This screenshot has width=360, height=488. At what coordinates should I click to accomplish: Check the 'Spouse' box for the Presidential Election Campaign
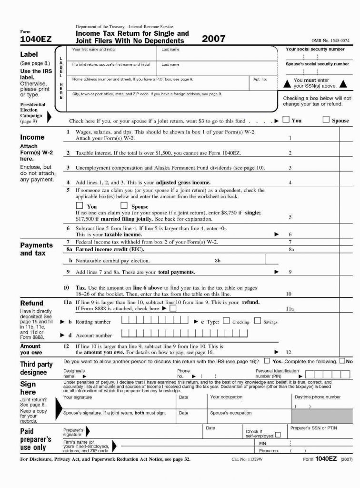[x=326, y=120]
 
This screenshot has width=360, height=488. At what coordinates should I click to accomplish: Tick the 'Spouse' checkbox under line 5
[x=124, y=206]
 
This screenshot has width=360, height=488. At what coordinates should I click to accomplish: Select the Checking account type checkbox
[x=226, y=321]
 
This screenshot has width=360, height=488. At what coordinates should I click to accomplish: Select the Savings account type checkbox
[x=257, y=321]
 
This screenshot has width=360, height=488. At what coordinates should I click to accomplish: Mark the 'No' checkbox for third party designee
[x=342, y=361]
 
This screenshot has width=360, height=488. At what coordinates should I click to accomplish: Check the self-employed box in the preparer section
[x=278, y=435]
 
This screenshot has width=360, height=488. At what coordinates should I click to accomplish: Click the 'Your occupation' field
[x=248, y=403]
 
